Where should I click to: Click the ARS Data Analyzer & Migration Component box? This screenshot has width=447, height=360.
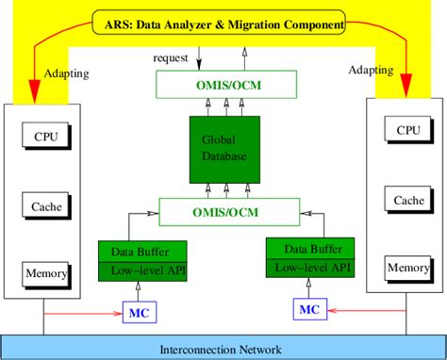coord(223,21)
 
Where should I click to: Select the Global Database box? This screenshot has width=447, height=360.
coord(223,152)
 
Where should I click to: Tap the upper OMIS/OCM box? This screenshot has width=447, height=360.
coord(223,87)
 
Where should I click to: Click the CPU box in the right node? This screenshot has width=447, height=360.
coord(407,131)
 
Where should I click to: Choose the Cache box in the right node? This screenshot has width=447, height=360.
coord(407,200)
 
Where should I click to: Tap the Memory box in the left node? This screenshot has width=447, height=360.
coord(44,273)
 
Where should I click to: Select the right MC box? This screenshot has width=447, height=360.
coord(308,308)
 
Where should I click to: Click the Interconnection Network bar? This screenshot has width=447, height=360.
coord(223,346)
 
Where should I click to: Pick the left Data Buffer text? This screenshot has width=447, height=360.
coord(132,250)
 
